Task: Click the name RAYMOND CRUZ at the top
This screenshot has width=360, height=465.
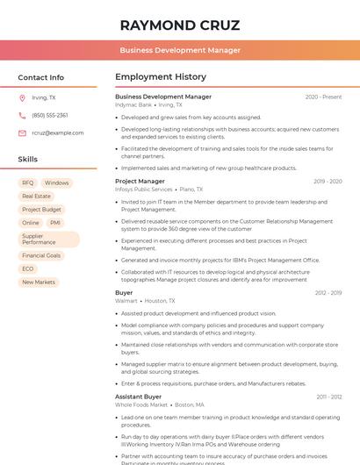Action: (x=180, y=25)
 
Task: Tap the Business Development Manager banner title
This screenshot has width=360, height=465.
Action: (x=180, y=50)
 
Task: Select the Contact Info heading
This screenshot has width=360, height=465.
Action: (x=41, y=77)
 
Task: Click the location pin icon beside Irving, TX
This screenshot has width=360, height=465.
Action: (x=22, y=97)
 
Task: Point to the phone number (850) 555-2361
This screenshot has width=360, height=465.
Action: (x=50, y=115)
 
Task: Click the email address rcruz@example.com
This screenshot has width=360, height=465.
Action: (x=58, y=132)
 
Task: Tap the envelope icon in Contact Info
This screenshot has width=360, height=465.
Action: (x=22, y=132)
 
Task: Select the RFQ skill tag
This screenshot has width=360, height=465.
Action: (x=28, y=182)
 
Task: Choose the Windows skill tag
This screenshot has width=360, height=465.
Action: (x=56, y=182)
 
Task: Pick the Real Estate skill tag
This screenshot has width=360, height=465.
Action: (x=36, y=196)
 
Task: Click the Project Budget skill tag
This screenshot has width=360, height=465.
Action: (x=41, y=210)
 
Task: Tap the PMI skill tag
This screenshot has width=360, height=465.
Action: (x=55, y=223)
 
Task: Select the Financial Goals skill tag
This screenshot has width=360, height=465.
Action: (x=41, y=255)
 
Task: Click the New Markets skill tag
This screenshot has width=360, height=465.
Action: (x=39, y=282)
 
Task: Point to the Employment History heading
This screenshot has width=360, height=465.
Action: (x=161, y=77)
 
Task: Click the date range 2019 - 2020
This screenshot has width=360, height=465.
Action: (x=328, y=182)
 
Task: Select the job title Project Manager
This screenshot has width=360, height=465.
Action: (x=140, y=181)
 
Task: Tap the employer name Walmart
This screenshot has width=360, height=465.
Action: (x=126, y=300)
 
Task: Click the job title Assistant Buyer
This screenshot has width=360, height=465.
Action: (x=139, y=397)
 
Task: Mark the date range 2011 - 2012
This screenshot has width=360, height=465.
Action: (x=329, y=397)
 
